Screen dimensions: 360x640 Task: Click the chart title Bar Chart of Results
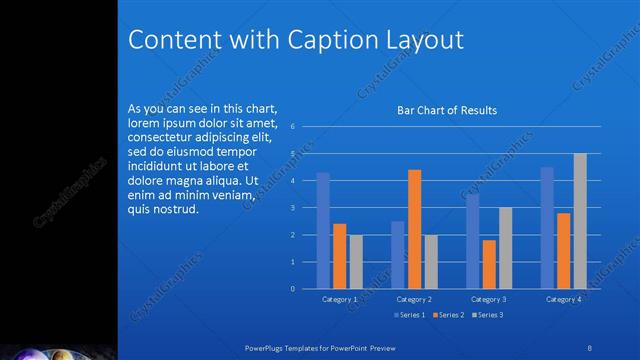447,110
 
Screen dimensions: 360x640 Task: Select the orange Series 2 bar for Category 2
414,229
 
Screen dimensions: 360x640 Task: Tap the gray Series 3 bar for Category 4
580,221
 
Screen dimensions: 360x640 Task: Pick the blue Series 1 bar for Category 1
323,230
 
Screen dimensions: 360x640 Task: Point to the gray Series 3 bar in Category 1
356,261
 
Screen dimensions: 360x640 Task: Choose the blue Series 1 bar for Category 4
547,227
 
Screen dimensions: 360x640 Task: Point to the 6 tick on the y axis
291,127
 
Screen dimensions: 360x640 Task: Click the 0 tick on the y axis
291,289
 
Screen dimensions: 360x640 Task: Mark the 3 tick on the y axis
291,208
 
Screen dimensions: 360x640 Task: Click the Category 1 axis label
340,299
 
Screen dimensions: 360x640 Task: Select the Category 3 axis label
489,299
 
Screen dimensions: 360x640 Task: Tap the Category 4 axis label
564,299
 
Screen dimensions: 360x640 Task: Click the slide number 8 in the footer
590,347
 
